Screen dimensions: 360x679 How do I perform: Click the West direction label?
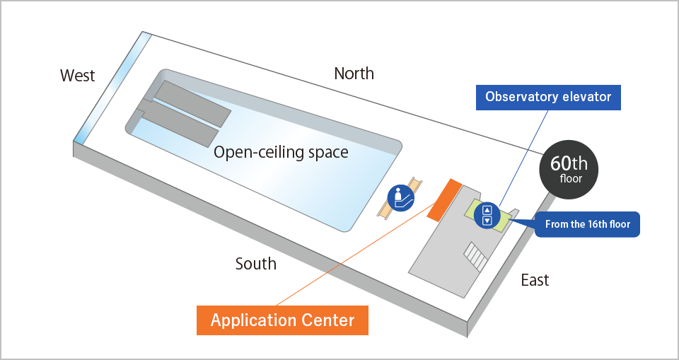(78, 76)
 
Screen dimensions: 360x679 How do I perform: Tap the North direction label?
(354, 73)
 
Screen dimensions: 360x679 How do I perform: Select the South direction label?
(255, 264)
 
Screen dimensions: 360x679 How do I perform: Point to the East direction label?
(535, 280)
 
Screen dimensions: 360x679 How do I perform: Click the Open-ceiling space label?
(281, 152)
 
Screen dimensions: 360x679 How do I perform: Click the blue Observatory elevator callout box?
(548, 97)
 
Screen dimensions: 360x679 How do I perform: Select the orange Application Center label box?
(283, 320)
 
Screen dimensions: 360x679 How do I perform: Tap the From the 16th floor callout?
(587, 224)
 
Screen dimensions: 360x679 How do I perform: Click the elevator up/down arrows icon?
(487, 215)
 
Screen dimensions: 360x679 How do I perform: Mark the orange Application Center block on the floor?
(445, 200)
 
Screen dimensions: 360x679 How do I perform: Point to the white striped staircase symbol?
(475, 257)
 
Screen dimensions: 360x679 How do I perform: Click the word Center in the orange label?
(325, 320)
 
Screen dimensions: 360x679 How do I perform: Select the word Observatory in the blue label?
(521, 97)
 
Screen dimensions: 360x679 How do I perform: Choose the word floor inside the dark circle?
(571, 180)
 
